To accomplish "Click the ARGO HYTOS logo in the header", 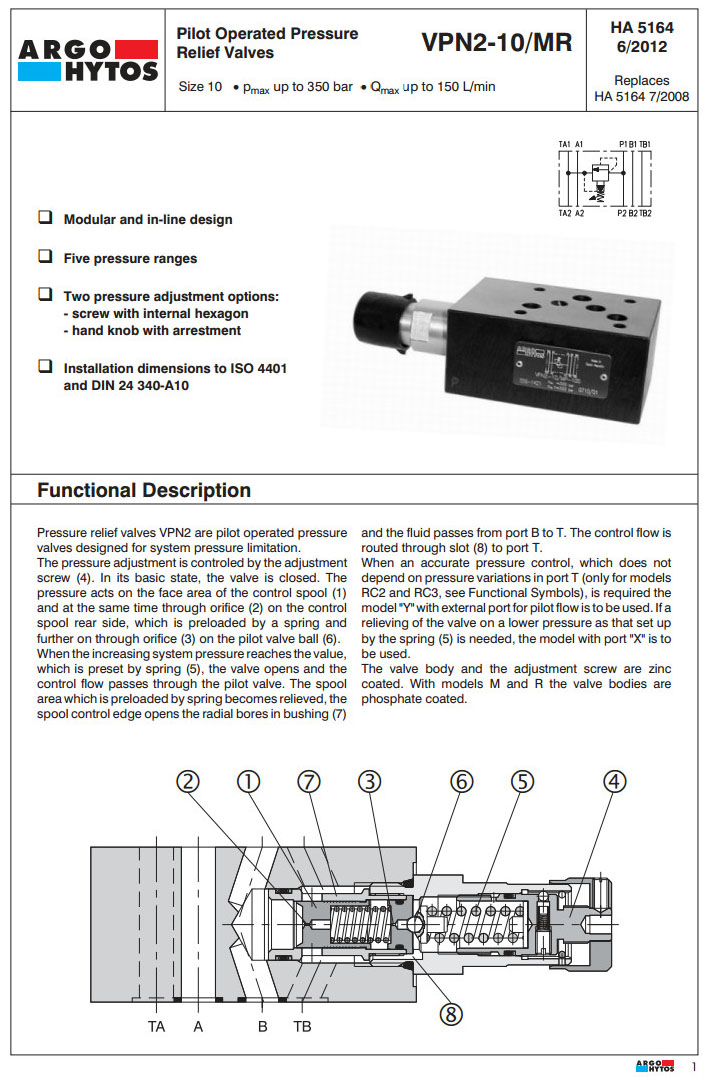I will point(88,60).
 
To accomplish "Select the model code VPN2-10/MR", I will point(496,42).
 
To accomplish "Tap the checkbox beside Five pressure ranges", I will point(45,257).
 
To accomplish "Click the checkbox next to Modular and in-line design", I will point(45,218).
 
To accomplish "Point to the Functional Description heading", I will point(144,490).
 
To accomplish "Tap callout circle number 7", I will point(307,783).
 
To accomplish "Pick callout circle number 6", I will point(461,783).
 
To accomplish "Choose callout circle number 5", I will point(523,783).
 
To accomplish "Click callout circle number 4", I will point(615,783).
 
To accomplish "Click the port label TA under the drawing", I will point(156,1027).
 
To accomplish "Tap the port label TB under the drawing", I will point(302,1027).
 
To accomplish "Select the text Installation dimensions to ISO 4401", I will point(175,368).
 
